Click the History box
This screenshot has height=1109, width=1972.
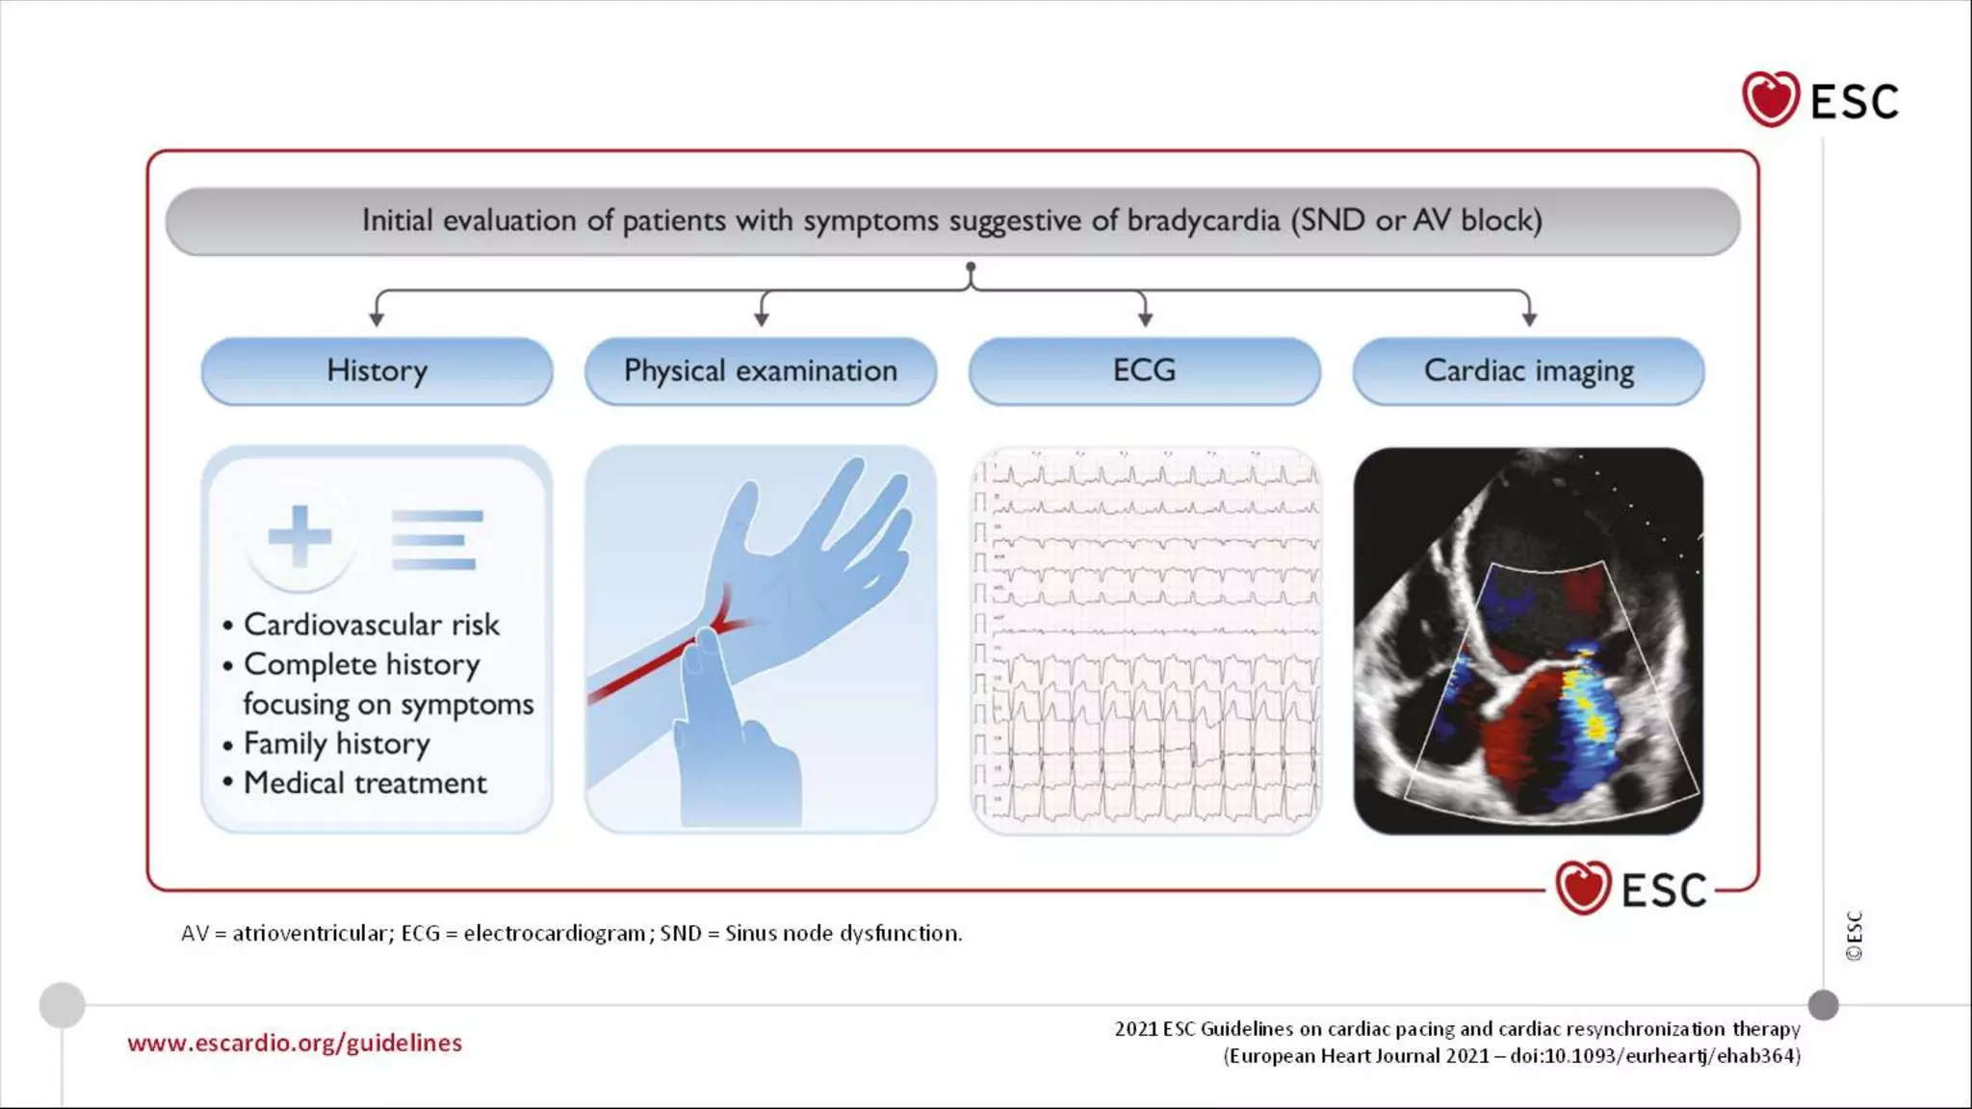(x=376, y=371)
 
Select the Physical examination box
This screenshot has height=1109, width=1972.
(x=760, y=371)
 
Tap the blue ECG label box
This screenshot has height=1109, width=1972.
(x=1144, y=371)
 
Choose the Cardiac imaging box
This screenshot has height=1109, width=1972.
(x=1528, y=371)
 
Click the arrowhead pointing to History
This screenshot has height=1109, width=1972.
(x=376, y=318)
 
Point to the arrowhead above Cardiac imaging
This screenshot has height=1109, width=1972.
(x=1529, y=318)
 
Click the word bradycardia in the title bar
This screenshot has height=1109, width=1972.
(x=1203, y=220)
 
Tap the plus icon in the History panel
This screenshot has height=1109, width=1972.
(x=299, y=535)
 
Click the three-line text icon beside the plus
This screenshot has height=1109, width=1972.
(x=436, y=539)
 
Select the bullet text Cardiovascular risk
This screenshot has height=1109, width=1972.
(x=371, y=625)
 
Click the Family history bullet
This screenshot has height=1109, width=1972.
(x=336, y=744)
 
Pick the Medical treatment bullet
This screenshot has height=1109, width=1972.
(x=365, y=784)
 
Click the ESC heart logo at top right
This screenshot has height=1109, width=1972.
(x=1771, y=99)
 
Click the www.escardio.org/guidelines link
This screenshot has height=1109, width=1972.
(x=295, y=1043)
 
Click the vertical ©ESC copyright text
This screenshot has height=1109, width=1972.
(x=1854, y=936)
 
